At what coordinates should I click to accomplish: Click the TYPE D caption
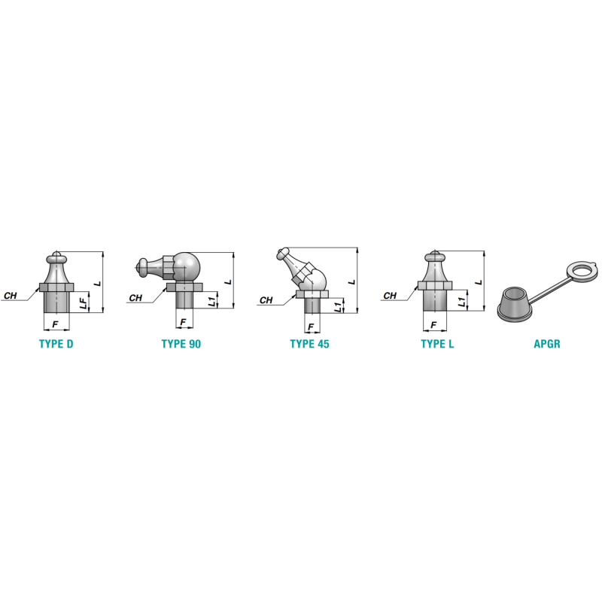click(56, 344)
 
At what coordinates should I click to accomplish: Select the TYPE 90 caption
click(181, 344)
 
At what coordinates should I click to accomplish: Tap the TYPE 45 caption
click(309, 344)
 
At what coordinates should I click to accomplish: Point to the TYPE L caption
click(437, 344)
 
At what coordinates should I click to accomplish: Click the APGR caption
click(547, 344)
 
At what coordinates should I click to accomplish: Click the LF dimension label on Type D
click(84, 303)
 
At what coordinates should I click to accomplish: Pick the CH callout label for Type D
click(11, 296)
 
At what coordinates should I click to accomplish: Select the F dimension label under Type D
click(55, 324)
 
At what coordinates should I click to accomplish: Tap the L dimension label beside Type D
click(98, 284)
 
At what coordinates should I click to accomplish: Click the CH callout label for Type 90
click(135, 298)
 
